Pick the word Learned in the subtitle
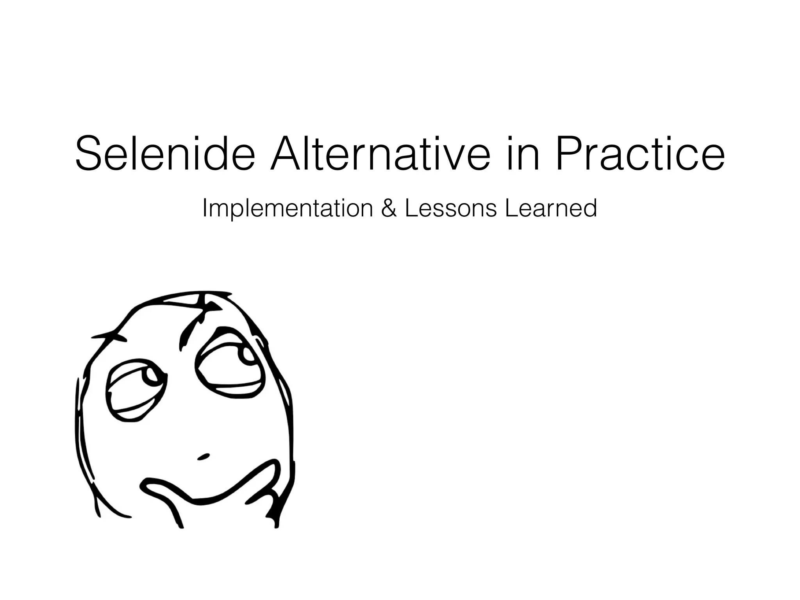[551, 209]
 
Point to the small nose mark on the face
[204, 456]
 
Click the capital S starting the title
[89, 153]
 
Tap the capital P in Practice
[570, 153]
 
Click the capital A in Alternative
[287, 153]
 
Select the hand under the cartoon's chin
[219, 500]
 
